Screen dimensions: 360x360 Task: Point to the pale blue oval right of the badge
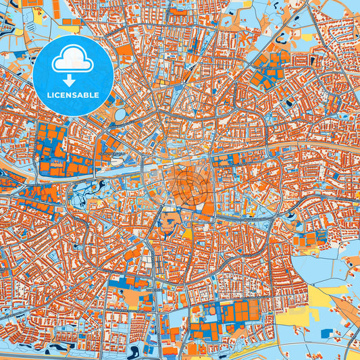(x=120, y=114)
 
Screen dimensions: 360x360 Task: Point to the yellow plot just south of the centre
(x=187, y=234)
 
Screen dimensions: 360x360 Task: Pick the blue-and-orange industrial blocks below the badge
(x=64, y=152)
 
